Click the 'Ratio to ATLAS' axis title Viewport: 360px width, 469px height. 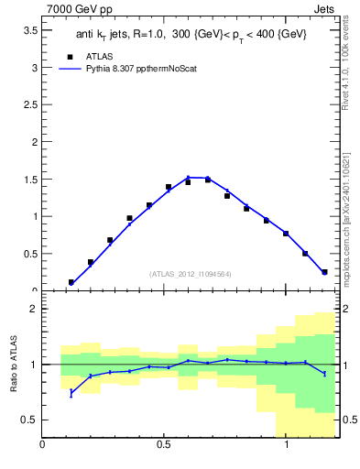point(13,365)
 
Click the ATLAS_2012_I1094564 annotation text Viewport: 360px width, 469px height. point(190,273)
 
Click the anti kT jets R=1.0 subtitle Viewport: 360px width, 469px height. point(191,34)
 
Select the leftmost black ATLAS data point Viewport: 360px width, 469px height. point(71,282)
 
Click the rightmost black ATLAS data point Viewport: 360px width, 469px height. point(324,271)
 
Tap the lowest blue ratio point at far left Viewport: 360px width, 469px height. point(71,393)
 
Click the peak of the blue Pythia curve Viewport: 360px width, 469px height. point(189,177)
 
